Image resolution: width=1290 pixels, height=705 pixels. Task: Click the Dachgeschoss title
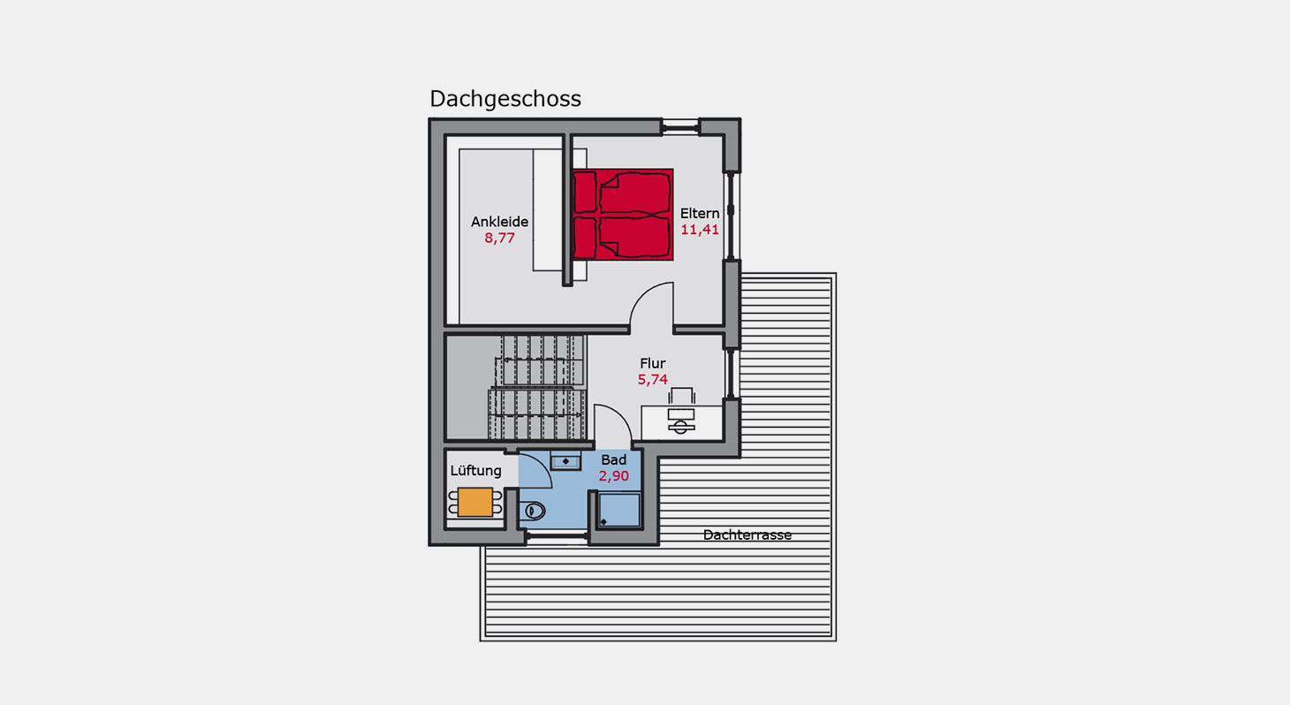(x=505, y=99)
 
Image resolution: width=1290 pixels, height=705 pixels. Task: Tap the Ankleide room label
(x=499, y=222)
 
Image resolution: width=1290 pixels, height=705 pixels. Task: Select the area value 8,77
(x=499, y=238)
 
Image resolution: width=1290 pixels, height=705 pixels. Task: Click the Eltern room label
(x=700, y=213)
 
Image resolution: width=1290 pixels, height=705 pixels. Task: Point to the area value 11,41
(x=700, y=230)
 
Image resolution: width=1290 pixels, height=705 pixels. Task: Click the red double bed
(x=623, y=215)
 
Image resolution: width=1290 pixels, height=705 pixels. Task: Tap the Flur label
(x=652, y=363)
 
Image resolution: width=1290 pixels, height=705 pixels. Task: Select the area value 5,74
(x=652, y=380)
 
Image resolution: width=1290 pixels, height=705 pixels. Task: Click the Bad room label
(x=613, y=460)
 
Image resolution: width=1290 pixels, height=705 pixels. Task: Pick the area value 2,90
(x=613, y=476)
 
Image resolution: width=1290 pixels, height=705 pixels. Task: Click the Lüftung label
(x=475, y=471)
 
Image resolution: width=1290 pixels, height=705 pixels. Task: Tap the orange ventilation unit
(x=475, y=503)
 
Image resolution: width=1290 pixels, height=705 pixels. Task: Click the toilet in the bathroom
(x=534, y=511)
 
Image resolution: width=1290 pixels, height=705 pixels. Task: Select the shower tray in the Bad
(x=619, y=511)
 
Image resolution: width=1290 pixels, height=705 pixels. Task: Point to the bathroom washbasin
(x=565, y=461)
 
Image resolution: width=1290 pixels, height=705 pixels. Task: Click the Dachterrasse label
(x=747, y=535)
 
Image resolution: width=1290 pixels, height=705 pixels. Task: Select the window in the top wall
(x=680, y=126)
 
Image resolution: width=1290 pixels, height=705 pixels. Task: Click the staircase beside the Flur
(x=537, y=387)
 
